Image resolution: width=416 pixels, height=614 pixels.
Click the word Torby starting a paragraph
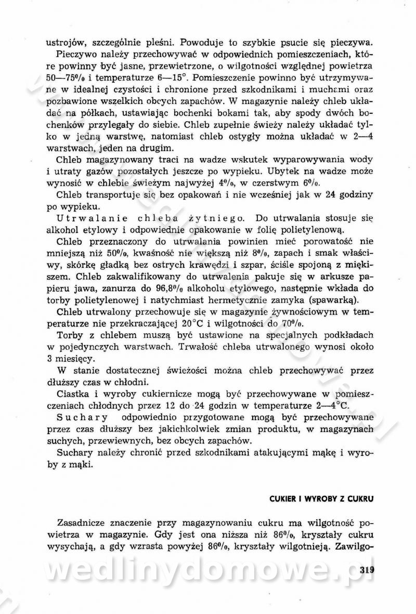pyautogui.click(x=71, y=335)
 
